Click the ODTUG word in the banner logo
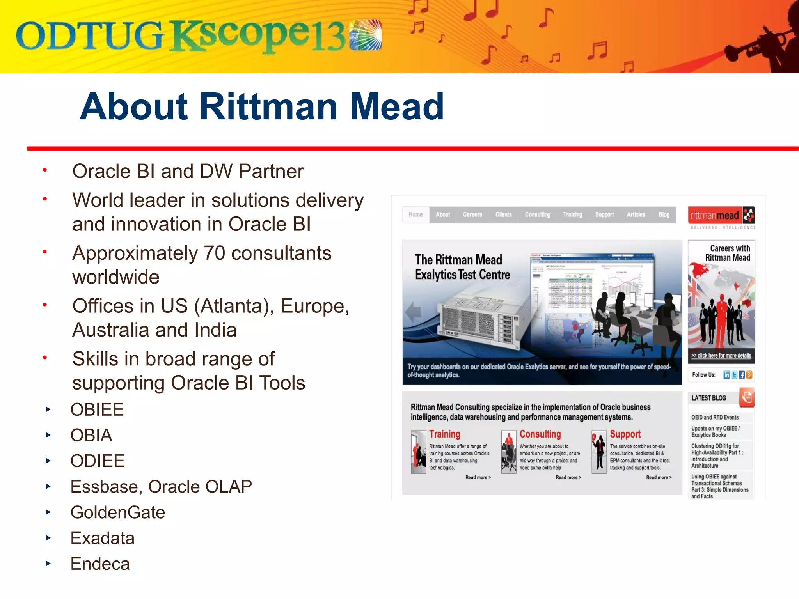click(89, 36)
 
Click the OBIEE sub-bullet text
click(97, 410)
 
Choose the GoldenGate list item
click(117, 512)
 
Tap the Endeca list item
click(100, 564)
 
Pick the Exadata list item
click(102, 538)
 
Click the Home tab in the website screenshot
click(415, 214)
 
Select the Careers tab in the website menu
click(472, 214)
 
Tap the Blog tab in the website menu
click(664, 214)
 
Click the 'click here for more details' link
click(721, 356)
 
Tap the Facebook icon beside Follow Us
click(742, 375)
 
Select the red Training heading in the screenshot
click(445, 434)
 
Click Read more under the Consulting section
click(568, 477)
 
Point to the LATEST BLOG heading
click(709, 398)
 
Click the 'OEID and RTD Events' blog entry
click(715, 417)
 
